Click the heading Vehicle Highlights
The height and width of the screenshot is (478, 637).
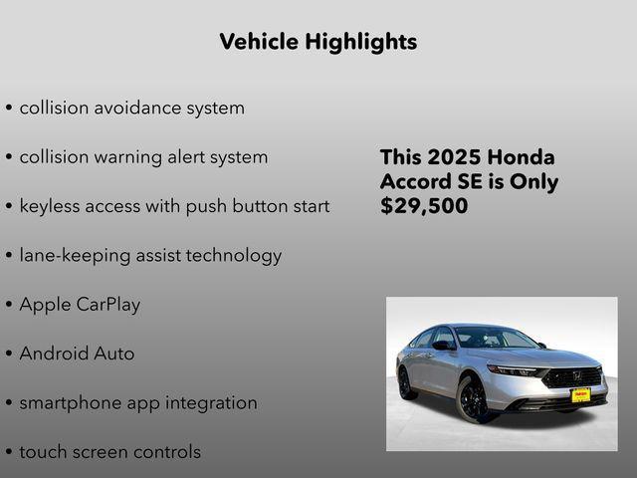click(318, 42)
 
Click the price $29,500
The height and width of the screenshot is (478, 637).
click(424, 206)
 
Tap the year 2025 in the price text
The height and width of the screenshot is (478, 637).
click(455, 157)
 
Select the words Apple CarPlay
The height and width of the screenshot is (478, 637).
click(80, 305)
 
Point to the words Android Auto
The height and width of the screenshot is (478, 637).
click(77, 354)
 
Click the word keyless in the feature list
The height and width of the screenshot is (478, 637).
click(51, 206)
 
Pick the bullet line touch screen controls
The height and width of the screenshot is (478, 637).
click(109, 452)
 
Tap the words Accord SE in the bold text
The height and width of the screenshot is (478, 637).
click(429, 182)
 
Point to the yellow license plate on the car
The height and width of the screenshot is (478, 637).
click(580, 395)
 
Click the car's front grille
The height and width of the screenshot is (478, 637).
click(574, 377)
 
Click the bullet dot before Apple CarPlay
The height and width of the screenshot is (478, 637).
click(9, 306)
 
